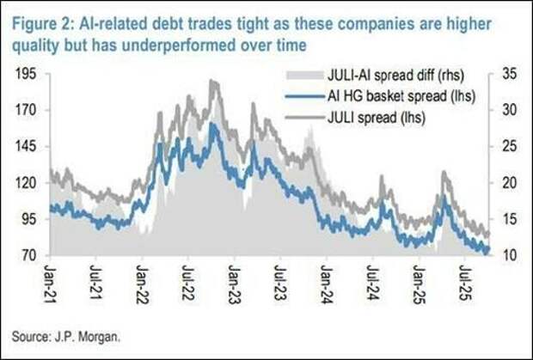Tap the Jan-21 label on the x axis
(51, 281)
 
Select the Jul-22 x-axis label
(188, 281)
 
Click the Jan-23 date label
(234, 281)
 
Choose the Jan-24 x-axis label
(326, 281)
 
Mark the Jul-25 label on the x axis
(463, 281)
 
